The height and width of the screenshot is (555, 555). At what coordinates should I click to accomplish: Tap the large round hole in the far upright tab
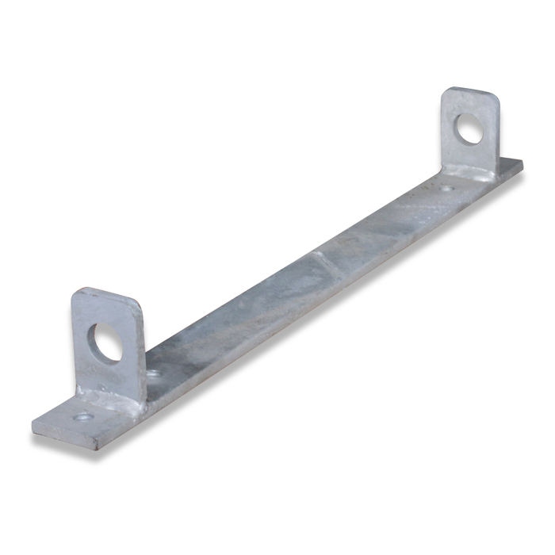[469, 128]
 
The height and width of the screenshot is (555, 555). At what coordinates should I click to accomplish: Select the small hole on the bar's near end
[82, 416]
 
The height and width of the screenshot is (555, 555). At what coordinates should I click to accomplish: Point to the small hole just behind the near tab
[153, 372]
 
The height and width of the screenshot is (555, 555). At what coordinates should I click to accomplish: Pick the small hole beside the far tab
[447, 189]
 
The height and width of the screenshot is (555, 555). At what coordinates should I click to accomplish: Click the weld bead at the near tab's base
[111, 396]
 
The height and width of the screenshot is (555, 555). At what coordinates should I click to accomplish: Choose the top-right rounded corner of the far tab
[496, 98]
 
